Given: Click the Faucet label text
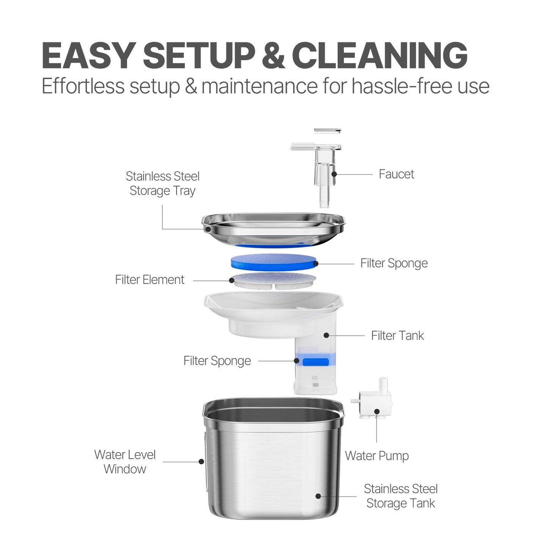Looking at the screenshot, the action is pos(396,174).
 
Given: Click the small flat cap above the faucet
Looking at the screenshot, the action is pos(327,131).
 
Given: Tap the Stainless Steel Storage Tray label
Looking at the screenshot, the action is pos(163,184).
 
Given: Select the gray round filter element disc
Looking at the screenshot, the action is pos(273,281).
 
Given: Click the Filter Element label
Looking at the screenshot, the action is pos(150,279).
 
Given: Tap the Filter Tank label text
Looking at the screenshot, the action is pos(397,336).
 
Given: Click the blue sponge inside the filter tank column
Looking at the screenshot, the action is pos(316,362).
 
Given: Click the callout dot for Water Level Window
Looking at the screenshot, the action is pos(201,462).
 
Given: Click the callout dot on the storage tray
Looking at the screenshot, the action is pos(208,229).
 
